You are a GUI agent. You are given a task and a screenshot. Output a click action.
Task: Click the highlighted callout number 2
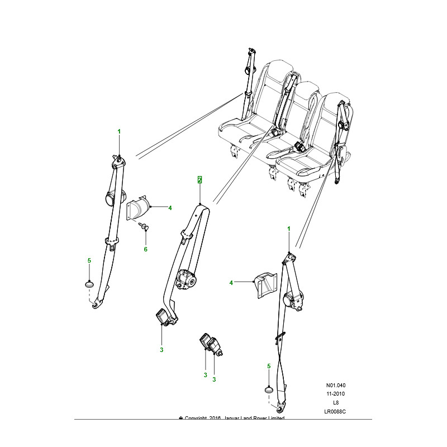199,180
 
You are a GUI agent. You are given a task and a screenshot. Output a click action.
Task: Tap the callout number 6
145,249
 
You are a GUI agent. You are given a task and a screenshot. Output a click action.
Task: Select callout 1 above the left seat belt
118,131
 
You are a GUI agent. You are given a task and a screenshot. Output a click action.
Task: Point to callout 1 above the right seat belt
289,229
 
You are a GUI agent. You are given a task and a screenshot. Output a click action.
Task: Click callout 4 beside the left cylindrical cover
170,208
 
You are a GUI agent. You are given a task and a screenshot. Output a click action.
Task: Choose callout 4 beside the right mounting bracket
231,283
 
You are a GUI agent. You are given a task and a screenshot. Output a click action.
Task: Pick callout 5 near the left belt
89,260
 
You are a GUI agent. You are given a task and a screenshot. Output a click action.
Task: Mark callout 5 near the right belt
269,366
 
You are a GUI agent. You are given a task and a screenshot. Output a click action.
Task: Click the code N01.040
336,386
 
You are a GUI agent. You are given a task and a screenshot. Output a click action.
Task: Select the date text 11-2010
336,394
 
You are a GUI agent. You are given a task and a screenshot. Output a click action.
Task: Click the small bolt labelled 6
143,226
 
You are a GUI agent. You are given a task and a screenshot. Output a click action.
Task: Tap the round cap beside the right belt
269,390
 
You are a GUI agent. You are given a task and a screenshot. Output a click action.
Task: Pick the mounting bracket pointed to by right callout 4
263,286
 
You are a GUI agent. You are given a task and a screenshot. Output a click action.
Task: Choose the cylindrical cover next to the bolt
139,209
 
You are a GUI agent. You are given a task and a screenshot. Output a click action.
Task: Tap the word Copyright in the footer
197,419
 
